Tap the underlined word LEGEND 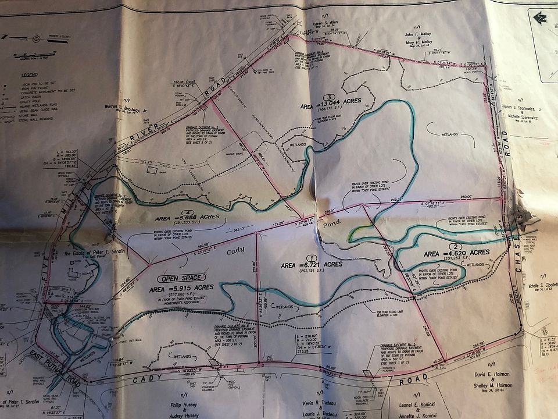(30, 75)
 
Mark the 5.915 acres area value (180, 287)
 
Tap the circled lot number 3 (330, 97)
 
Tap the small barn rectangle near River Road (151, 171)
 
